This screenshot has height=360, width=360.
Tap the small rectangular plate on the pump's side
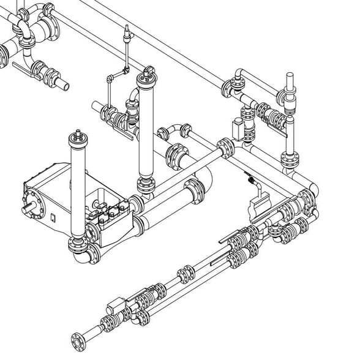(x=53, y=217)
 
